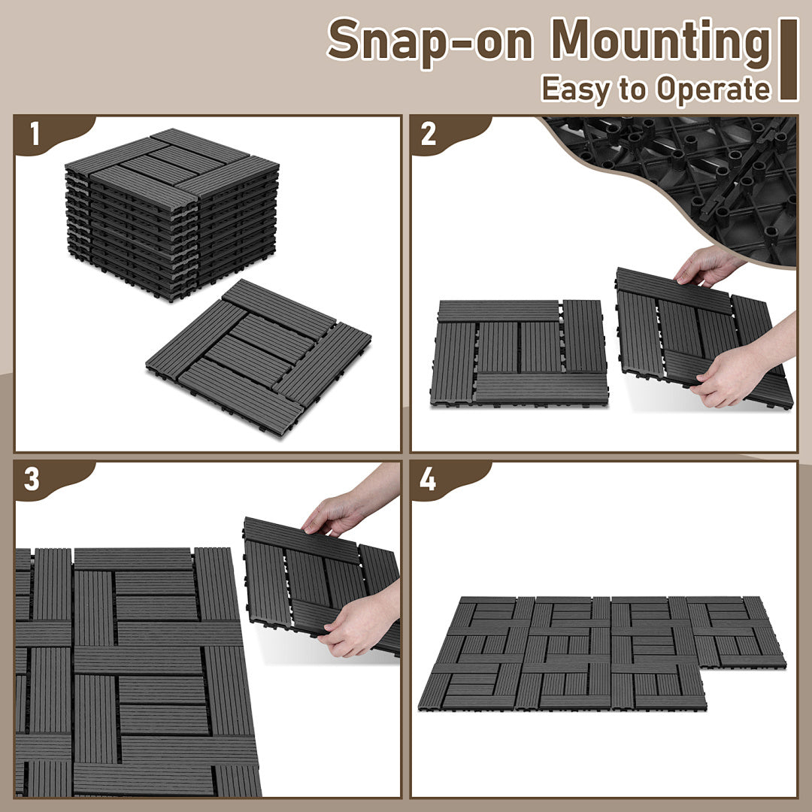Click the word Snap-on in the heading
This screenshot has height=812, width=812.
pyautogui.click(x=431, y=41)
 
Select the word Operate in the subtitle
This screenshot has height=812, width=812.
pyautogui.click(x=714, y=89)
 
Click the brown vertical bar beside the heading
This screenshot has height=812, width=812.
pyautogui.click(x=789, y=59)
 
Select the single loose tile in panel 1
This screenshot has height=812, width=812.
pyautogui.click(x=259, y=357)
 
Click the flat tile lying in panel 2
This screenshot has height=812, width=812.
pyautogui.click(x=519, y=352)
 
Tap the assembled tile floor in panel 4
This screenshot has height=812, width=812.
pyautogui.click(x=601, y=653)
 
